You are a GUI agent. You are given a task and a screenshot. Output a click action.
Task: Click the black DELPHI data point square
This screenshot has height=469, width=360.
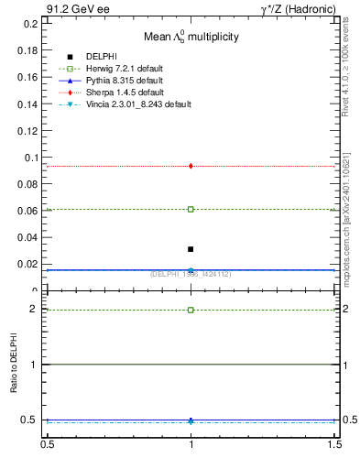(191, 249)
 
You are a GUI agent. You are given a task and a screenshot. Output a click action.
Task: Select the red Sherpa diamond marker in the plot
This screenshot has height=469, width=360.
(191, 166)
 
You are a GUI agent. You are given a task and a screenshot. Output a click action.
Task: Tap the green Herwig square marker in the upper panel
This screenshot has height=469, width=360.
(191, 209)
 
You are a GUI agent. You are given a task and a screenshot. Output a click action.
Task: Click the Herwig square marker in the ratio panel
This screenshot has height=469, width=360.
(191, 310)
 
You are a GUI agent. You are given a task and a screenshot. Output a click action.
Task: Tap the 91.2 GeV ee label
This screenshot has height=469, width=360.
(72, 9)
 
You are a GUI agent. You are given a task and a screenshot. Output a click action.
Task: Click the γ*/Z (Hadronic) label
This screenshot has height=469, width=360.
(297, 9)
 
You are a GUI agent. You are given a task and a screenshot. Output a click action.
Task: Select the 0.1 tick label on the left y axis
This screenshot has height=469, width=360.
(32, 158)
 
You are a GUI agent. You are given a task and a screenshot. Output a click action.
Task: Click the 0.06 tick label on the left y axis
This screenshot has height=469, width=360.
(29, 211)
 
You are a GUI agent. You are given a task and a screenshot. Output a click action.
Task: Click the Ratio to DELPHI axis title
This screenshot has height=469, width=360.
(14, 365)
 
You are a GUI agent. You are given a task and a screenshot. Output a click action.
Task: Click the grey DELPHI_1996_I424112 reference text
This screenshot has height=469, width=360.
(191, 273)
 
